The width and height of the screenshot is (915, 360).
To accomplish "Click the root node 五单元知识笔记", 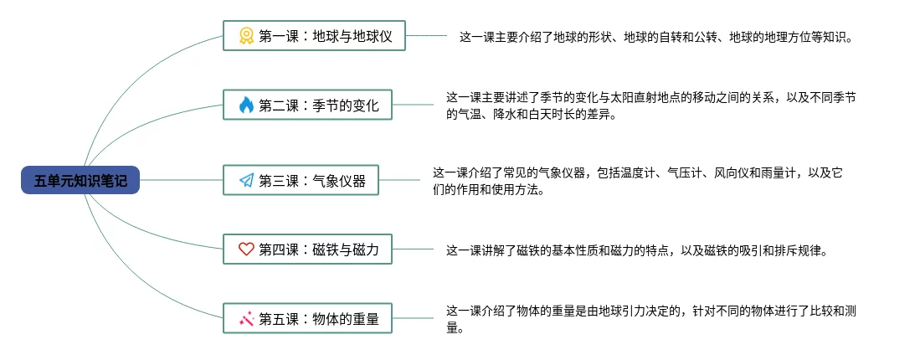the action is tap(80, 180).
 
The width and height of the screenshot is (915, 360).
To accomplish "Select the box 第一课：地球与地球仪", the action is tap(314, 36).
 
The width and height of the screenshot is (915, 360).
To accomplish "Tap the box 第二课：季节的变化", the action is tap(307, 105).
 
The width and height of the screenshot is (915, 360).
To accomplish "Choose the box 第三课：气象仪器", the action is tap(301, 179).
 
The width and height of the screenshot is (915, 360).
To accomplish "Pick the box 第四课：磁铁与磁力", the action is tap(307, 249).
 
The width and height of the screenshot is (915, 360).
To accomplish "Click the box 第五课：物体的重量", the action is tap(307, 318).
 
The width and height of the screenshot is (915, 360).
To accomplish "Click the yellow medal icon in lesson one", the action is tap(246, 36).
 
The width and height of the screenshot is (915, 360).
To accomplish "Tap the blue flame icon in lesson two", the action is tap(246, 105).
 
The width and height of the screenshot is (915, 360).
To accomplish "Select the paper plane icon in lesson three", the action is tap(246, 179).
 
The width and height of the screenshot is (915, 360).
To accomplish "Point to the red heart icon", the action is tap(246, 249).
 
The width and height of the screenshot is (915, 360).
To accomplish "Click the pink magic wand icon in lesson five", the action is tap(246, 318).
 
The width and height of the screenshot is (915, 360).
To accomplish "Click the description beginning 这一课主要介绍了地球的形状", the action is tap(655, 37).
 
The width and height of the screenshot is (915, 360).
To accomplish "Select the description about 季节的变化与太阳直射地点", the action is tap(650, 106).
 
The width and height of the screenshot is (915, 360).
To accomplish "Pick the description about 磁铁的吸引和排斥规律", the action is tap(636, 249).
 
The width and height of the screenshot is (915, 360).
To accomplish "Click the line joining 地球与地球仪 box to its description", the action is tap(426, 36).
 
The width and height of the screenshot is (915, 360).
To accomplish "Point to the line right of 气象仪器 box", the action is tap(398, 179).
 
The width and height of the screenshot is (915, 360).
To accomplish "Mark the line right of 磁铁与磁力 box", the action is tap(412, 249).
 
